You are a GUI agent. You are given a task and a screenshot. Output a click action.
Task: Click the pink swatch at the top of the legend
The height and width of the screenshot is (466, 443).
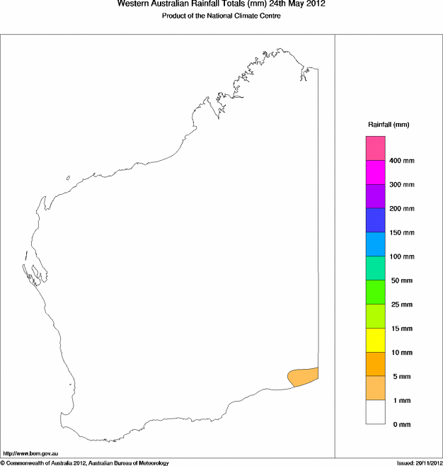[375, 148]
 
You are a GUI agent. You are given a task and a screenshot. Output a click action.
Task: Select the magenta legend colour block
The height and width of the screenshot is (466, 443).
[375, 172]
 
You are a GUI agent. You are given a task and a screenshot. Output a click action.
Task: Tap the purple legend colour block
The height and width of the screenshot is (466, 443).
[375, 196]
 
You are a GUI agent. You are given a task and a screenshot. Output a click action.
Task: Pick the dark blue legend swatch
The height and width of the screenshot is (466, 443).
[375, 220]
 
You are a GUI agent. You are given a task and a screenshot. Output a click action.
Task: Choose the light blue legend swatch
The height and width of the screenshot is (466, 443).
[375, 244]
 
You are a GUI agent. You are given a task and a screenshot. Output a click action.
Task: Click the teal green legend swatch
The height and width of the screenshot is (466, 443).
[375, 268]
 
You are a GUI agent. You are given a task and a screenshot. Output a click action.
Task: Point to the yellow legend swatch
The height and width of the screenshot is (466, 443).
[375, 340]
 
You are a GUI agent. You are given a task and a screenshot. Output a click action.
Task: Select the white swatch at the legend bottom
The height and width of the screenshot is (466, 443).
[375, 412]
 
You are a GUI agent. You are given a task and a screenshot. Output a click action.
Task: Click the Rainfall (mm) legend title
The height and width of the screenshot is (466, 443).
[389, 125]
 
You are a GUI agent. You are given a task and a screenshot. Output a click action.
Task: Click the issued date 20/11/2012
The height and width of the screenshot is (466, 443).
[419, 463]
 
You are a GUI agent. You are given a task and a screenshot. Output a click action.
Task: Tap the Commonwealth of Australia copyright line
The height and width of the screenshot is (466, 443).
[85, 463]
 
